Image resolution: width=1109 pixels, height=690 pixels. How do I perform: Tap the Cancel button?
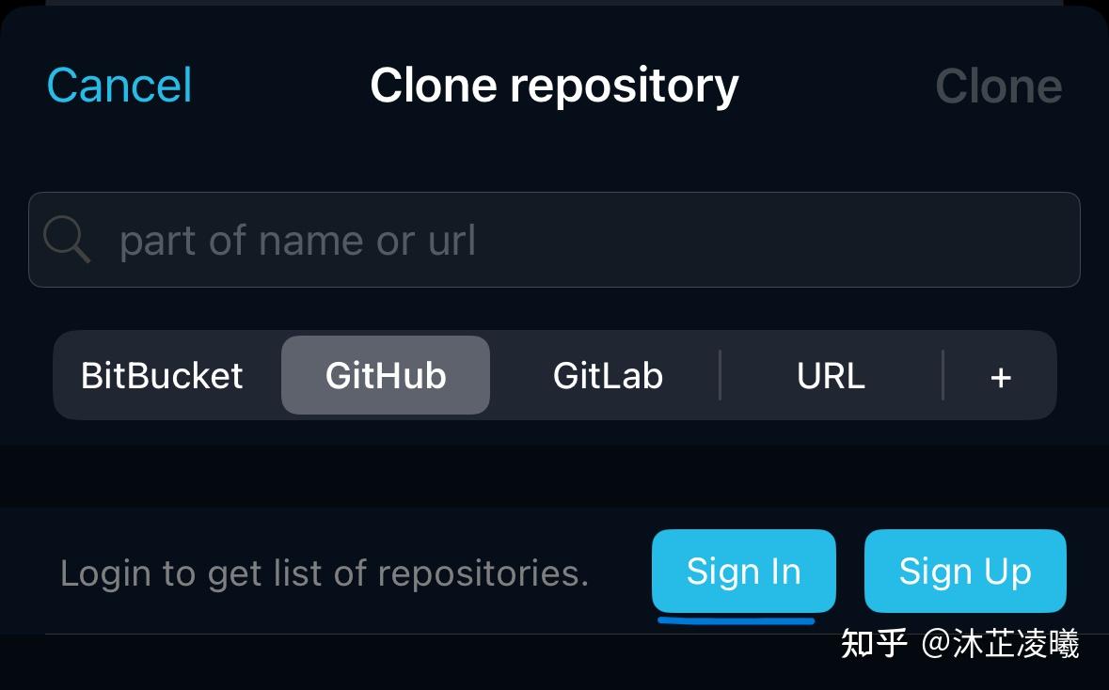click(x=119, y=86)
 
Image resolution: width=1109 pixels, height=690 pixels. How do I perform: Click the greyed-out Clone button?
click(x=999, y=86)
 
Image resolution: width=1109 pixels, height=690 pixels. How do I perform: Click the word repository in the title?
click(x=625, y=87)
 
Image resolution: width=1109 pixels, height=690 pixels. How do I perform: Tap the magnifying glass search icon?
click(x=67, y=240)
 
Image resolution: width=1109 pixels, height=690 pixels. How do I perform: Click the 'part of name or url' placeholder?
click(x=297, y=241)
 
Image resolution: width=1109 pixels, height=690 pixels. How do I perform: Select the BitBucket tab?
click(x=162, y=375)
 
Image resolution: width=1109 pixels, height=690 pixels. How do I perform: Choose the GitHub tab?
click(x=386, y=375)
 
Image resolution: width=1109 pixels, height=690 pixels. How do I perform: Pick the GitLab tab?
click(x=609, y=375)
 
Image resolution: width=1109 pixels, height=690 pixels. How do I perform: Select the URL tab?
click(x=831, y=375)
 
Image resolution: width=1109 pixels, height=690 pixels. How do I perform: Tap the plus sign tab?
click(x=1000, y=378)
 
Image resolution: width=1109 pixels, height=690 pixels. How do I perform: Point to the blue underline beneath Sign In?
click(x=736, y=620)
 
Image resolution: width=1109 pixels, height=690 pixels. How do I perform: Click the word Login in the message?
click(x=105, y=574)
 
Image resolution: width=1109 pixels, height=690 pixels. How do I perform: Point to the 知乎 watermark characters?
click(x=874, y=644)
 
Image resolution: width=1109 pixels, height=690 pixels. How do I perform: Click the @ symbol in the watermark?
click(x=936, y=644)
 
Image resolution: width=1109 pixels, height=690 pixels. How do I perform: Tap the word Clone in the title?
click(x=434, y=86)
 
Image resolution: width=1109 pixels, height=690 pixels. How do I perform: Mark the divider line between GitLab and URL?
click(x=720, y=375)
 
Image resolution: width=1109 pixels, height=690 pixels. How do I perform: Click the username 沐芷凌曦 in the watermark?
click(x=1016, y=644)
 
